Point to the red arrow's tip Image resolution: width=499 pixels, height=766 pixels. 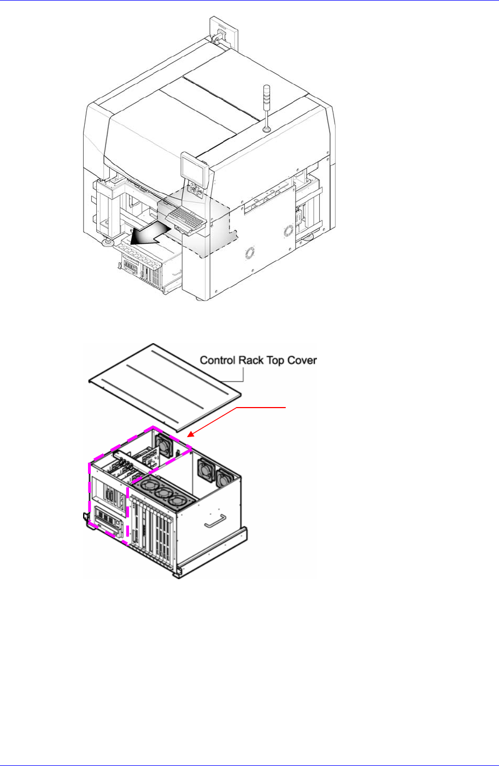(189, 436)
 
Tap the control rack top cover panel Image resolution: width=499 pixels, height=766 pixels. (164, 393)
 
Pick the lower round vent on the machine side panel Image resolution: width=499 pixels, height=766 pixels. (250, 252)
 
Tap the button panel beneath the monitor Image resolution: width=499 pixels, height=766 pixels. (196, 193)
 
